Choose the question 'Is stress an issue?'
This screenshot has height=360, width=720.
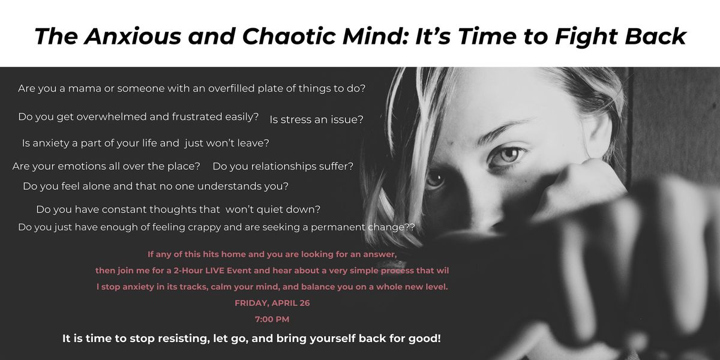pos(317,119)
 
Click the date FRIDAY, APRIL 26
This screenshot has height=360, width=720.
pos(272,303)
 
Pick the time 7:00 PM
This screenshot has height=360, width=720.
pos(272,319)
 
